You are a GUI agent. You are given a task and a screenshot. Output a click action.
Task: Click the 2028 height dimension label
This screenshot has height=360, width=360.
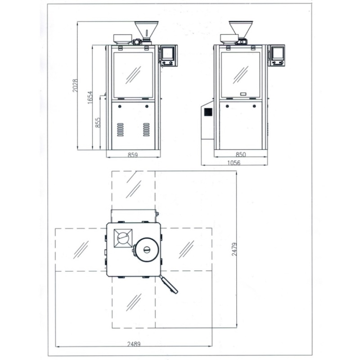[x=75, y=85]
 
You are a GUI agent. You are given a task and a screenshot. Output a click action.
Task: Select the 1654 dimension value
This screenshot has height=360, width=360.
[x=90, y=97]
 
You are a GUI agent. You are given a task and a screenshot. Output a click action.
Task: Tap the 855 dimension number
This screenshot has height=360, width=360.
[x=98, y=122]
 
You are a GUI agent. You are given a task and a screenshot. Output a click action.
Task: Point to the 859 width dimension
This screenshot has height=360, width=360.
[x=133, y=155]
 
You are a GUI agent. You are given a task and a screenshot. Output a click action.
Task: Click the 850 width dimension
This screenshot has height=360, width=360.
[x=241, y=154]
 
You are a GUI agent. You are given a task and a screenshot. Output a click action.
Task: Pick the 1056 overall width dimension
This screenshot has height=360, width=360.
[x=234, y=163]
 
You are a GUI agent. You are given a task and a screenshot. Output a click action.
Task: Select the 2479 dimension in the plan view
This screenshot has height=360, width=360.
[x=234, y=249]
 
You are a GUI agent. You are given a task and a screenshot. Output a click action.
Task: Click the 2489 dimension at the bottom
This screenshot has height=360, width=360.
[x=134, y=344]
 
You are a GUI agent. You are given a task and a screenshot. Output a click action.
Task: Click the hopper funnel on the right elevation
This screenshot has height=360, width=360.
[x=241, y=29]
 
